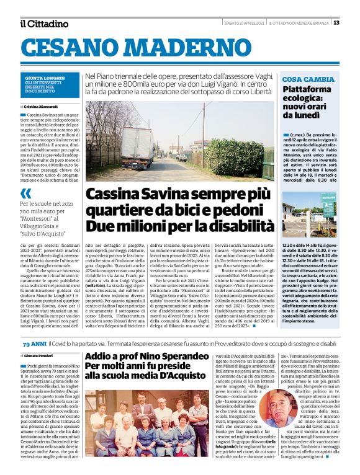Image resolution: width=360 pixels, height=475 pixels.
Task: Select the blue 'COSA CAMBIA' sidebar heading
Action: [308, 79]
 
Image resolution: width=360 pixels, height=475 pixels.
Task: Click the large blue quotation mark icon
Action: [25, 194]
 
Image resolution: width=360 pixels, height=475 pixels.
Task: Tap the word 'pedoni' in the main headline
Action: [237, 209]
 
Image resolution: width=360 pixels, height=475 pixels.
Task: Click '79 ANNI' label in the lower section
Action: [34, 343]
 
